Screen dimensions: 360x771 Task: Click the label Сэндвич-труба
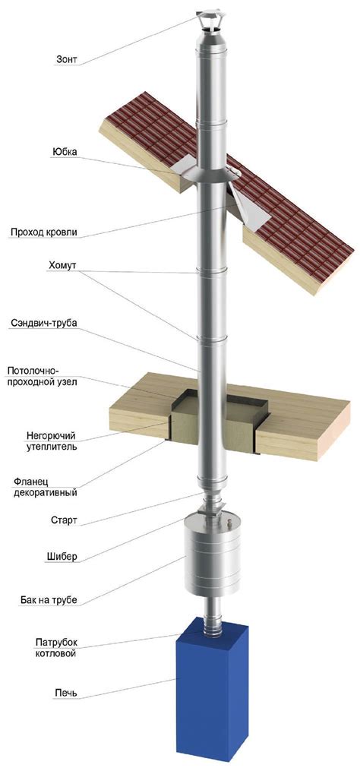coord(44,323)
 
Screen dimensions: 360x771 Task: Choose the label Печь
coord(66,694)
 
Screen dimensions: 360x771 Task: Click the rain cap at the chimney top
coord(207,23)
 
